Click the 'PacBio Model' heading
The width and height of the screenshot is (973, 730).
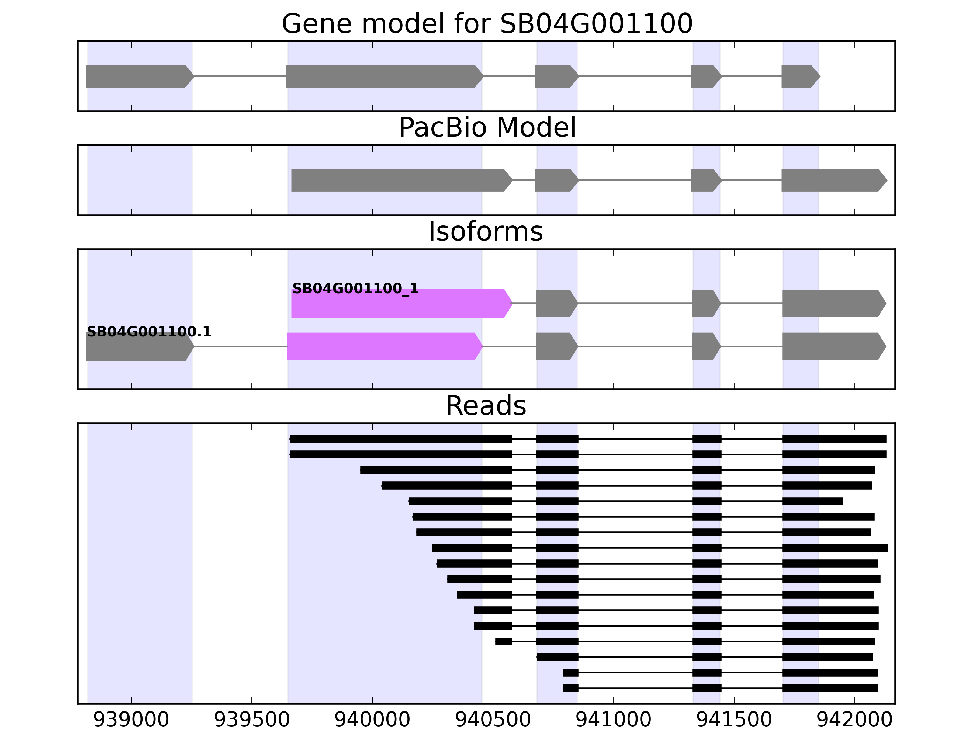pyautogui.click(x=486, y=128)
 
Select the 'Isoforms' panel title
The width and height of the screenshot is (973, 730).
pyautogui.click(x=486, y=231)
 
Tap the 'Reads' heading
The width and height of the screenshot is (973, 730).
pyautogui.click(x=486, y=406)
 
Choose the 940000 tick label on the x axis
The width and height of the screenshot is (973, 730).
pyautogui.click(x=372, y=719)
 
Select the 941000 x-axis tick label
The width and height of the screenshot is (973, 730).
pyautogui.click(x=613, y=719)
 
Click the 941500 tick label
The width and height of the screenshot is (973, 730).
pyautogui.click(x=734, y=719)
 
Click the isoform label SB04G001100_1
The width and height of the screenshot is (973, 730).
pyautogui.click(x=355, y=289)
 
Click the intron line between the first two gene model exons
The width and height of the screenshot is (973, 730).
pyautogui.click(x=240, y=76)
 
